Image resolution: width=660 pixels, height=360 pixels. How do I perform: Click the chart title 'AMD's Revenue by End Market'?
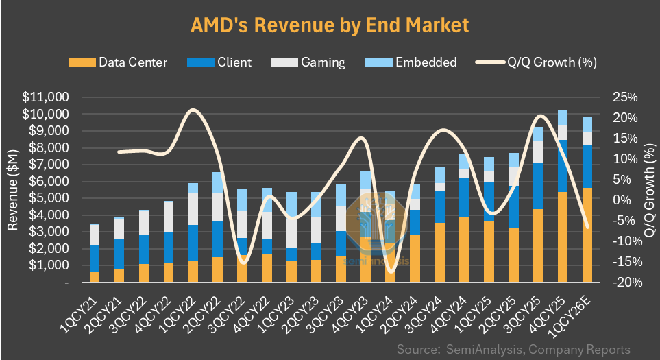[329, 25]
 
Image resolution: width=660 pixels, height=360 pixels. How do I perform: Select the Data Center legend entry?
[118, 62]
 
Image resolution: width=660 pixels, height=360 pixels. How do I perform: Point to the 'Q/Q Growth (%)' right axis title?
[648, 189]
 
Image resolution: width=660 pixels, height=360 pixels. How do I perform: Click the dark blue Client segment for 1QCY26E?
[587, 166]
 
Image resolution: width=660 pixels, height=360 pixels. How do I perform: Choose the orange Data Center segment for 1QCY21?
[95, 277]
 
